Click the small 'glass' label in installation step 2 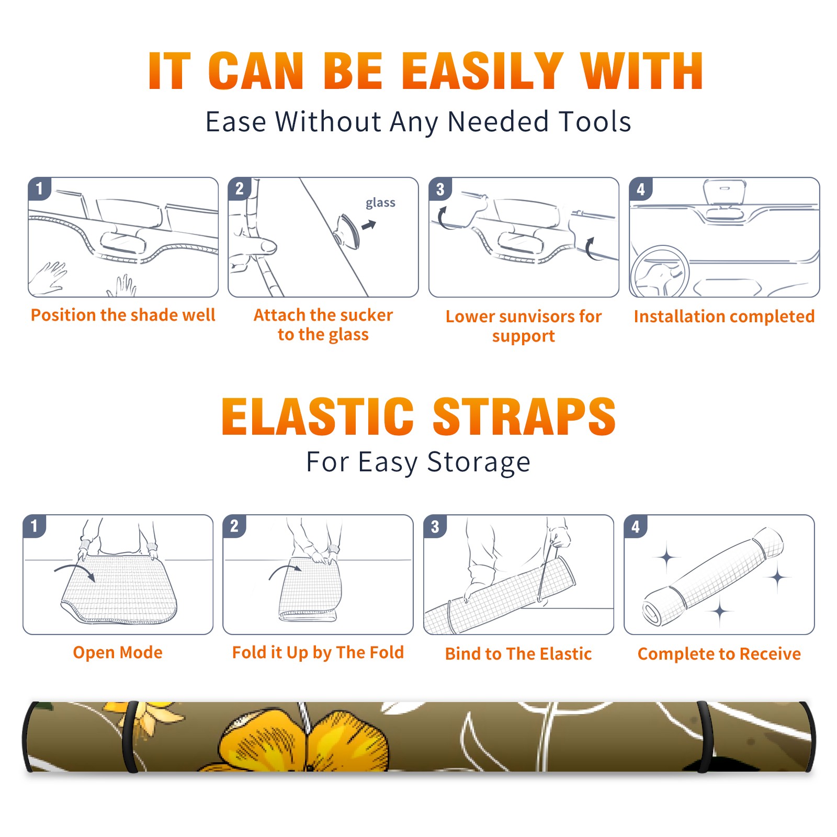tap(380, 203)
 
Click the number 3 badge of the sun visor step tap(440, 189)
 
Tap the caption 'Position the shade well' tap(123, 315)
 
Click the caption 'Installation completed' tap(724, 316)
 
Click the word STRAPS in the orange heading tap(524, 416)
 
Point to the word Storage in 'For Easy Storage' tap(479, 462)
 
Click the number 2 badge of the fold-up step tap(234, 526)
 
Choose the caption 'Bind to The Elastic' tap(518, 653)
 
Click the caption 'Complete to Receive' tap(719, 653)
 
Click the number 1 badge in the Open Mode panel tap(34, 526)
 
